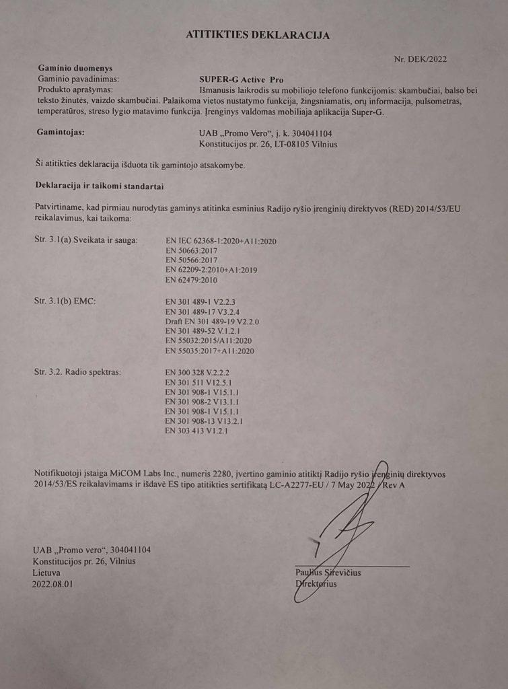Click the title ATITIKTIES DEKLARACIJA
pyautogui.click(x=258, y=35)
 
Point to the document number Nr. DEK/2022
pyautogui.click(x=420, y=59)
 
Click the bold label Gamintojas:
pyautogui.click(x=60, y=133)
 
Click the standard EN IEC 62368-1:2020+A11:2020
pyautogui.click(x=221, y=241)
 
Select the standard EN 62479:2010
pyautogui.click(x=191, y=279)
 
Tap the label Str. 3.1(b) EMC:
pyautogui.click(x=65, y=301)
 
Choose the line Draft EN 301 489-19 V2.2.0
pyautogui.click(x=212, y=322)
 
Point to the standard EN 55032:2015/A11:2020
pyautogui.click(x=212, y=341)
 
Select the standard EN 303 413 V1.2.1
pyautogui.click(x=196, y=431)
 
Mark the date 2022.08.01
pyautogui.click(x=52, y=584)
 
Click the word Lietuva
pyautogui.click(x=46, y=573)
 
